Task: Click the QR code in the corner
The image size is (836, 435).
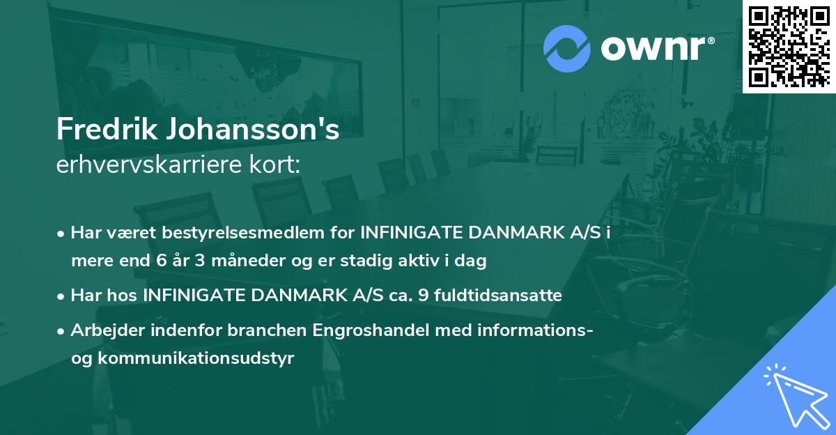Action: coord(789,47)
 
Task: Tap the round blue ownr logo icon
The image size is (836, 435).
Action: coord(567,48)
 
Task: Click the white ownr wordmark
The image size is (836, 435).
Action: coord(656,47)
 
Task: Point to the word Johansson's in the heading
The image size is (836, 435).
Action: coord(254,130)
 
